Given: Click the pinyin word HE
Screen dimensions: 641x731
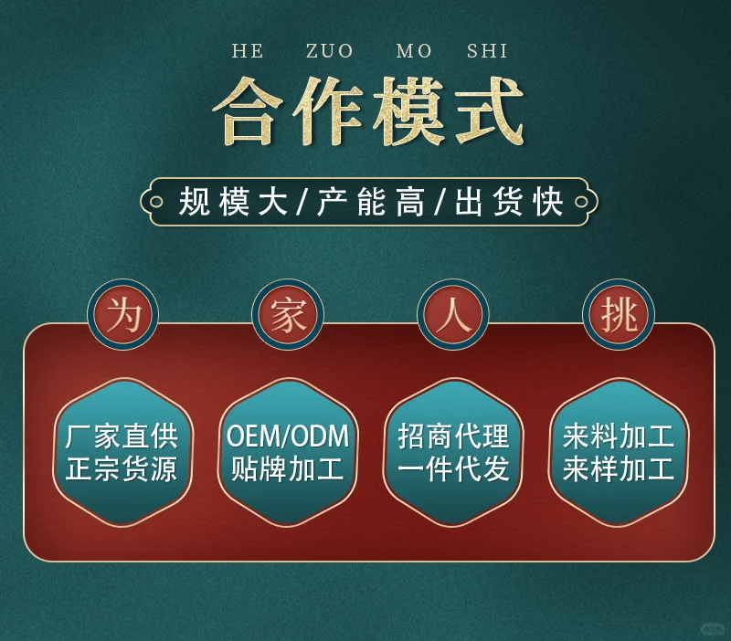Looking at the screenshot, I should pos(247,51).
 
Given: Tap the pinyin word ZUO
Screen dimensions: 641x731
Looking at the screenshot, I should pos(329,51).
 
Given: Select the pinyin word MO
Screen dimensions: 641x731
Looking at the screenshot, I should pos(414,51).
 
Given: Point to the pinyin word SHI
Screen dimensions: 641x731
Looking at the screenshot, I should pos(487,51).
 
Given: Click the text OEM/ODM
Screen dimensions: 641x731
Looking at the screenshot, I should pos(288,436).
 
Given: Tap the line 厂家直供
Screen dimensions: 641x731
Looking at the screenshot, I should pos(122,436).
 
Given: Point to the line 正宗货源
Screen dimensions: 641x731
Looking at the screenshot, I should pos(122,470).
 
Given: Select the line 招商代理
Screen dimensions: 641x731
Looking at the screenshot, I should pos(453,436).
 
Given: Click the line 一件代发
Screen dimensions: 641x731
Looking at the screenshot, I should pos(453,470).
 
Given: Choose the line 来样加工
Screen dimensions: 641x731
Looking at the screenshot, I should pos(619,470).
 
